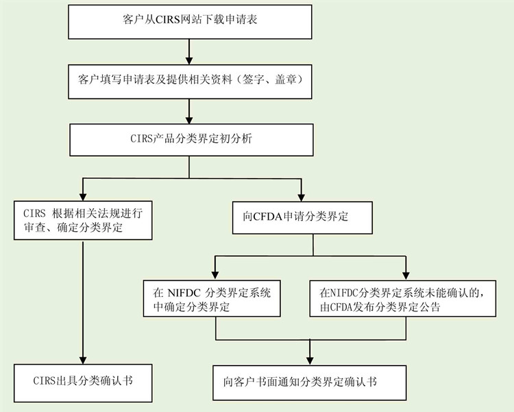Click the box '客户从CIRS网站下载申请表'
pyautogui.click(x=190, y=22)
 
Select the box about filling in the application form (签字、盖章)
pyautogui.click(x=190, y=81)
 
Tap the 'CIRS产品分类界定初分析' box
pyautogui.click(x=191, y=140)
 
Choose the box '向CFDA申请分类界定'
pyautogui.click(x=302, y=218)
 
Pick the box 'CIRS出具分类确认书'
pyautogui.click(x=83, y=383)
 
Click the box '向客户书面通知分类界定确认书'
pyautogui.click(x=310, y=383)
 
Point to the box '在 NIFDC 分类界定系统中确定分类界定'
pyautogui.click(x=212, y=298)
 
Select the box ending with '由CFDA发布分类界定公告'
pyautogui.click(x=402, y=298)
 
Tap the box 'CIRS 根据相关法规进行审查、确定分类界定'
pyautogui.click(x=83, y=220)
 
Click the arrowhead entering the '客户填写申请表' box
pyautogui.click(x=189, y=60)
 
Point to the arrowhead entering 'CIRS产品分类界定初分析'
pyautogui.click(x=189, y=120)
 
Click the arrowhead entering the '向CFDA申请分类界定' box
pyautogui.click(x=301, y=198)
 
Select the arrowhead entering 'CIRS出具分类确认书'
pyautogui.click(x=83, y=360)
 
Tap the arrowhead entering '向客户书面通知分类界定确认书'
pyautogui.click(x=310, y=361)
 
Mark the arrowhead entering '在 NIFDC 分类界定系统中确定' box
pyautogui.click(x=215, y=276)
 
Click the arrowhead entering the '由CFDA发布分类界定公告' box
pyautogui.click(x=406, y=276)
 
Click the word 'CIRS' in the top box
pyautogui.click(x=168, y=20)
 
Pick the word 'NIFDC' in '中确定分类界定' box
pyautogui.click(x=184, y=292)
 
